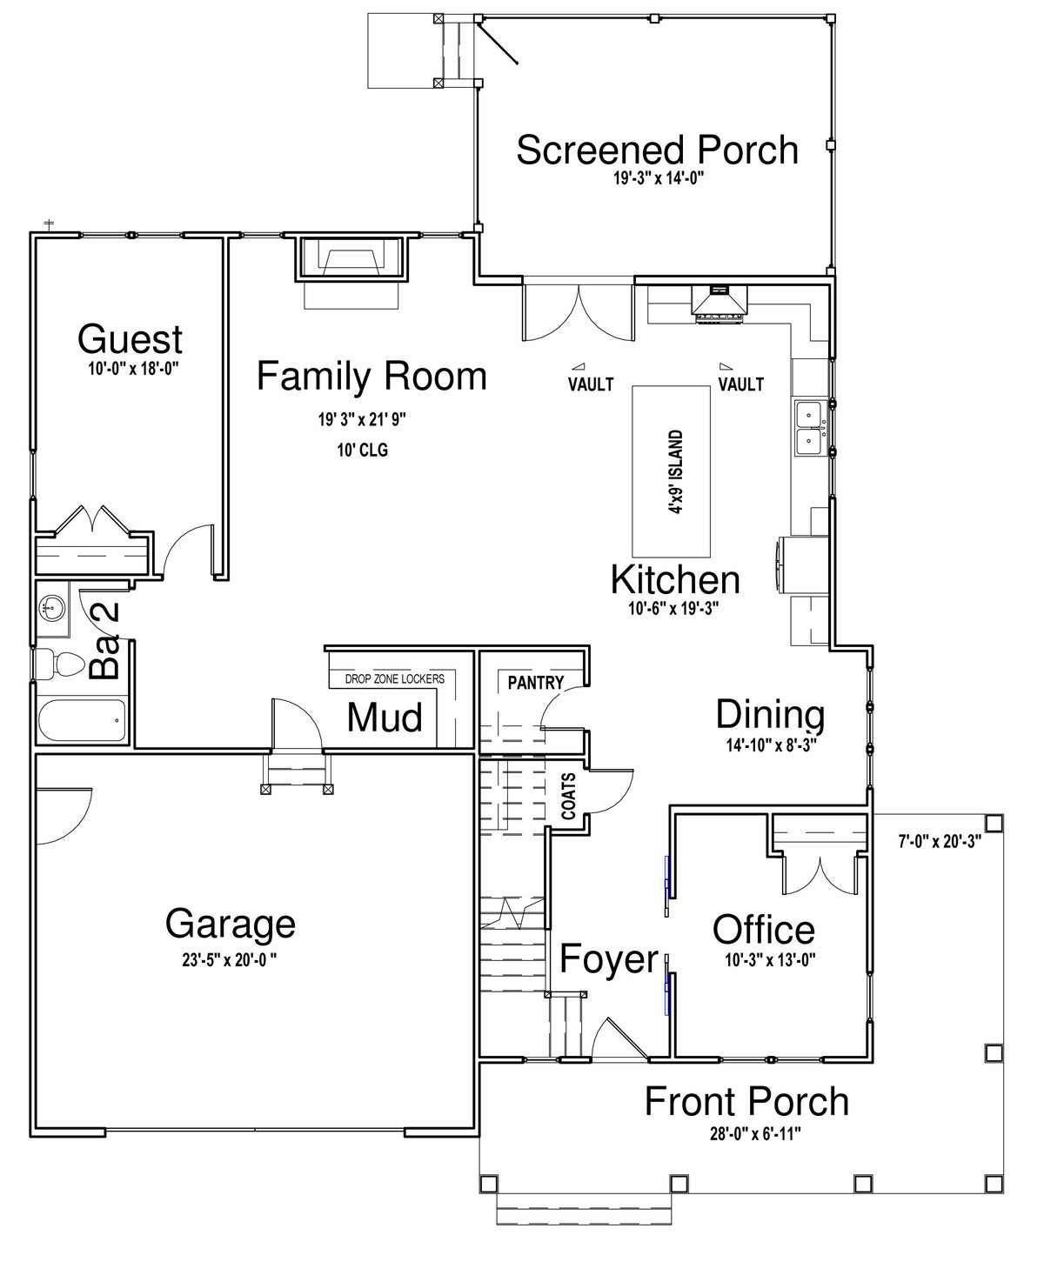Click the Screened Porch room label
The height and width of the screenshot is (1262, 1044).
(x=657, y=150)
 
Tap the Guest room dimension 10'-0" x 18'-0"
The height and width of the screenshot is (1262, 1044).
(x=134, y=368)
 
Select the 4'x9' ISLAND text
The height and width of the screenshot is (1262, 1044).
(x=675, y=471)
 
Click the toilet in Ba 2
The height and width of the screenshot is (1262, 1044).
(x=58, y=664)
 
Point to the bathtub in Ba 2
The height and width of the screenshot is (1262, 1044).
(x=82, y=720)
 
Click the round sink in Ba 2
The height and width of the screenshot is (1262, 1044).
(x=52, y=607)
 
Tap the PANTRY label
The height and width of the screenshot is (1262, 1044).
(x=536, y=683)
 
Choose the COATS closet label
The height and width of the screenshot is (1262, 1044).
(x=568, y=796)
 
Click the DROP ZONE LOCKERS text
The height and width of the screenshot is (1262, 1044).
(x=395, y=678)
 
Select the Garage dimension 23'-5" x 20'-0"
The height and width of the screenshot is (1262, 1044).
(x=230, y=960)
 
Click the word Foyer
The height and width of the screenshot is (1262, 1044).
(x=609, y=958)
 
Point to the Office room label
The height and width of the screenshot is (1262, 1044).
(x=764, y=929)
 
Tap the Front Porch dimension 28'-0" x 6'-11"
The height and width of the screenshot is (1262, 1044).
(x=755, y=1134)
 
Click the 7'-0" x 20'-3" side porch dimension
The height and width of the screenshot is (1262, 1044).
(x=940, y=841)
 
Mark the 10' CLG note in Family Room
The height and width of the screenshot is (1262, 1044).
(x=363, y=451)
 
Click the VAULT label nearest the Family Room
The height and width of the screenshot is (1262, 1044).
(x=591, y=384)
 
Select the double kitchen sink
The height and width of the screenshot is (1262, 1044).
(x=811, y=428)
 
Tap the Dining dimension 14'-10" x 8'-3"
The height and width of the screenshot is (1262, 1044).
(x=772, y=745)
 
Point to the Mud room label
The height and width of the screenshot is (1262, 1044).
(x=385, y=718)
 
